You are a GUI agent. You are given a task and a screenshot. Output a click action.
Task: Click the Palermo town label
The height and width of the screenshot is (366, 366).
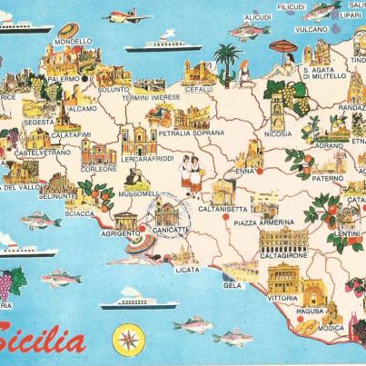click(x=64, y=79)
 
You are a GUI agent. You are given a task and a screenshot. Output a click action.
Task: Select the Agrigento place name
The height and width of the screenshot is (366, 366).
click(x=121, y=232)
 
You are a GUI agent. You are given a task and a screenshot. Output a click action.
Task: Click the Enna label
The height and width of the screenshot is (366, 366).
click(x=244, y=171)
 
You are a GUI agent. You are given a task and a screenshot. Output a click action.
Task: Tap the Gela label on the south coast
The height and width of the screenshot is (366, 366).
click(x=233, y=284)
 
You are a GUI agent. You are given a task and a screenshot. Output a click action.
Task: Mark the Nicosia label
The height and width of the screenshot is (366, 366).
click(x=278, y=134)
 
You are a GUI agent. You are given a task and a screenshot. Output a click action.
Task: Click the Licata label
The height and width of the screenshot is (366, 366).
click(x=187, y=270)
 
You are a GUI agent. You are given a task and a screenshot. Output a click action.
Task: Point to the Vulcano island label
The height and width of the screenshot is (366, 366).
click(x=311, y=28)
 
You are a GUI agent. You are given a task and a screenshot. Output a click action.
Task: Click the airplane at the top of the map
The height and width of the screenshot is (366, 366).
click(x=126, y=16)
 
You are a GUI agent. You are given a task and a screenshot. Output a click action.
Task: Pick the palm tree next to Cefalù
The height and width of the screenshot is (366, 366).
click(x=227, y=62)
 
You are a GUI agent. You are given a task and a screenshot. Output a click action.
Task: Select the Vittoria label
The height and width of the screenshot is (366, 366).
click(x=282, y=298)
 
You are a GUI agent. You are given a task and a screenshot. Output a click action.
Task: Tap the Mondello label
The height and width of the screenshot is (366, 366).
click(x=73, y=42)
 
